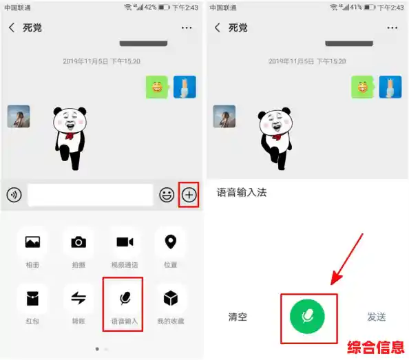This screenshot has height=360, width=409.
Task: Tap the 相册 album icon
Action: click(32, 242)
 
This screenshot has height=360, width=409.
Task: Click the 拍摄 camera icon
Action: click(78, 242)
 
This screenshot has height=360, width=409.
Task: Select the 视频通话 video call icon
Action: click(124, 242)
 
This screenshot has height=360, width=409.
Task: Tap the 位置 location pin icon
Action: click(170, 242)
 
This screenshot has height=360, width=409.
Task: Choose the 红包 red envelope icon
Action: click(32, 298)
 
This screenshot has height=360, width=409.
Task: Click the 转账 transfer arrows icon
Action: click(78, 298)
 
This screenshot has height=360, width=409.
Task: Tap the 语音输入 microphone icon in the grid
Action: click(124, 298)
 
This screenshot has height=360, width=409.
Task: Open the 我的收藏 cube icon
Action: click(170, 298)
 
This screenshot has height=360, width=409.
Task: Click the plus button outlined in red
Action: click(189, 195)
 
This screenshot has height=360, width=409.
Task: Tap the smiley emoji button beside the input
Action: click(166, 195)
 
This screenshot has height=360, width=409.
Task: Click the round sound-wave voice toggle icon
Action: click(14, 195)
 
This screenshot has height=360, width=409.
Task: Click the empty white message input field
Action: click(90, 195)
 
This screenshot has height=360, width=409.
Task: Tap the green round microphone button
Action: click(307, 317)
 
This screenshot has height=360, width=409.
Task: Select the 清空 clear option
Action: click(238, 317)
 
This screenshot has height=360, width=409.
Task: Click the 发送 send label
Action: click(376, 317)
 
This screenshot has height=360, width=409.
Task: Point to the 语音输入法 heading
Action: click(242, 193)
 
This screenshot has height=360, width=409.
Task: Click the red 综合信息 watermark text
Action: click(375, 346)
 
